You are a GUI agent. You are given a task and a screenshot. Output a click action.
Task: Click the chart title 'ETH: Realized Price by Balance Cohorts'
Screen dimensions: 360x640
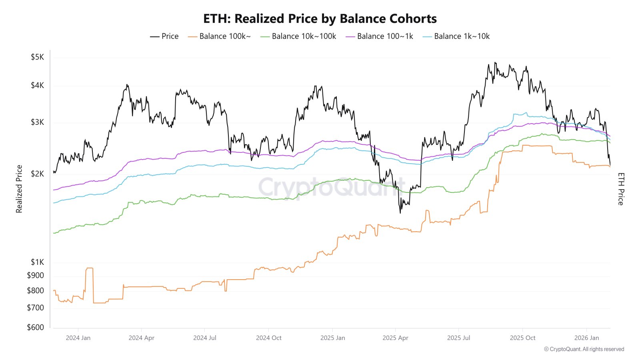pyautogui.click(x=320, y=19)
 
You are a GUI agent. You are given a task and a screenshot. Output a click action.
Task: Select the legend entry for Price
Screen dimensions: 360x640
pyautogui.click(x=164, y=36)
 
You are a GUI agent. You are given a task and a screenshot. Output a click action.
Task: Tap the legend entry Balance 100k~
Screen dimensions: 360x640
pyautogui.click(x=220, y=36)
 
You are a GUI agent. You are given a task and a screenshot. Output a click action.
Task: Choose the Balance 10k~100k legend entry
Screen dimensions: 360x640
pyautogui.click(x=298, y=36)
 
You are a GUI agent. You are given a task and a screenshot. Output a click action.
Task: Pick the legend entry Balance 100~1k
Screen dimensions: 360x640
pyautogui.click(x=380, y=36)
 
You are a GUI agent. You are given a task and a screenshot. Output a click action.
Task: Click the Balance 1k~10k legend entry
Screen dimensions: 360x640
pyautogui.click(x=456, y=36)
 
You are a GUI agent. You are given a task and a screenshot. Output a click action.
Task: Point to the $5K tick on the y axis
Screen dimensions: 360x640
pyautogui.click(x=37, y=57)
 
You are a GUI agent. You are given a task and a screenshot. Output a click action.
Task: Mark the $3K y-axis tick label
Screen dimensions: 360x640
pyautogui.click(x=37, y=122)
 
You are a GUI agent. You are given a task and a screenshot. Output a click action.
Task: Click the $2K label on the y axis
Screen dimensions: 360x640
pyautogui.click(x=37, y=174)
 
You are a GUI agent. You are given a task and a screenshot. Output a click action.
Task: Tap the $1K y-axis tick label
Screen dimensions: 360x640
pyautogui.click(x=37, y=262)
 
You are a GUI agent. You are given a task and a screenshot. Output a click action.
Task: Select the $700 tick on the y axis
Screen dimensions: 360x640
pyautogui.click(x=35, y=308)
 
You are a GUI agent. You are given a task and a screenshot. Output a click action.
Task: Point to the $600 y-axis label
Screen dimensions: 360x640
pyautogui.click(x=35, y=328)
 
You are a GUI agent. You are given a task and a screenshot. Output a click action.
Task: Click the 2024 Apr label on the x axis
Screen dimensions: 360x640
pyautogui.click(x=141, y=338)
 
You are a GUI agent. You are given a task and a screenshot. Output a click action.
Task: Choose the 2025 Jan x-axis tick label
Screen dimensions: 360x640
pyautogui.click(x=332, y=338)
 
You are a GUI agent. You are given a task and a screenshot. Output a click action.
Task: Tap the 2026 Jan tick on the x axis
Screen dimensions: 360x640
pyautogui.click(x=586, y=338)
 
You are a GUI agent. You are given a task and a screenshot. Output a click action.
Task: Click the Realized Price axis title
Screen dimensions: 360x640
pyautogui.click(x=19, y=189)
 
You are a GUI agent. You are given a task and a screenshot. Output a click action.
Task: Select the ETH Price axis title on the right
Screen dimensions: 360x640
pyautogui.click(x=621, y=189)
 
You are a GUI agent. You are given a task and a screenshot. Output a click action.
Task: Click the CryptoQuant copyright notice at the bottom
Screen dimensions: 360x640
pyautogui.click(x=584, y=349)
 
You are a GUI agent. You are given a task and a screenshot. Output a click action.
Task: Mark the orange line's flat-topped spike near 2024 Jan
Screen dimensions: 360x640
pyautogui.click(x=89, y=268)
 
